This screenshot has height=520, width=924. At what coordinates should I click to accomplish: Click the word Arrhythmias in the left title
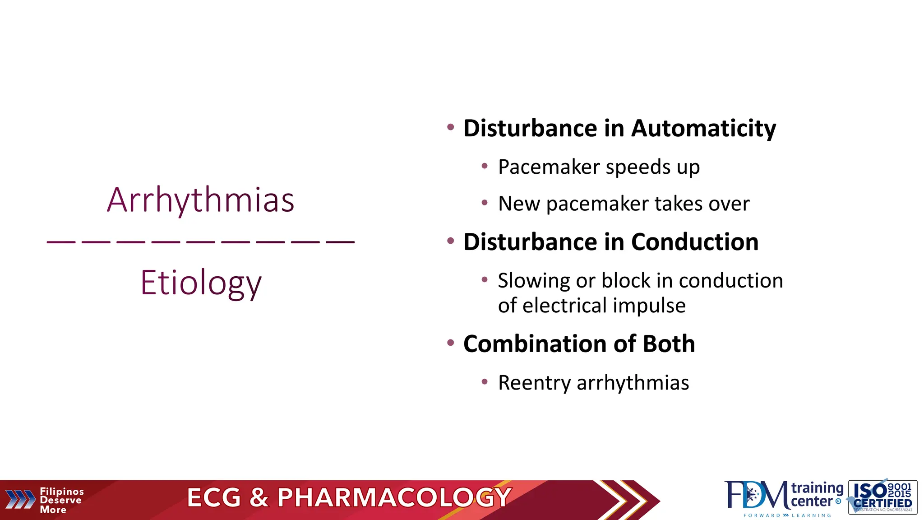click(201, 200)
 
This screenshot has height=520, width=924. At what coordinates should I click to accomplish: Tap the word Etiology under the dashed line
click(201, 283)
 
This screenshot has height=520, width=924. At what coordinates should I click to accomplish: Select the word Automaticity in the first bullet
click(703, 129)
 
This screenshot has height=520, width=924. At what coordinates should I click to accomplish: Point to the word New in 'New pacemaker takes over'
click(518, 204)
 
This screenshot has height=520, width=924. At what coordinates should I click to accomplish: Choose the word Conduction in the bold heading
click(695, 242)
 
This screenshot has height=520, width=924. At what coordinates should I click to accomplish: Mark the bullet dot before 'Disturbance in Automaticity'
click(450, 127)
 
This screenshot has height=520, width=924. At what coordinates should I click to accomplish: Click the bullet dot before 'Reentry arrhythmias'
click(485, 382)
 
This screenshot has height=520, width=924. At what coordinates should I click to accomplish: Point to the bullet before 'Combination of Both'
click(450, 343)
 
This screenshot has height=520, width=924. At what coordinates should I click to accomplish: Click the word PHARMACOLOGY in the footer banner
click(394, 498)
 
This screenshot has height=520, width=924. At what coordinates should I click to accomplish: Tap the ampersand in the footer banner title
click(259, 498)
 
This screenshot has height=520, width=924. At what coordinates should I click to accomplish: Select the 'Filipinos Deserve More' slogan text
click(61, 501)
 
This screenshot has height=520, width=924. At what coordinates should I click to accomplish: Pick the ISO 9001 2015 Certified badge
click(882, 497)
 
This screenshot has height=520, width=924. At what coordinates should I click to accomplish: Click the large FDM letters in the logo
click(757, 496)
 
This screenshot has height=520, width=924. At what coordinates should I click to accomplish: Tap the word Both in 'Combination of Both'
click(669, 344)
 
